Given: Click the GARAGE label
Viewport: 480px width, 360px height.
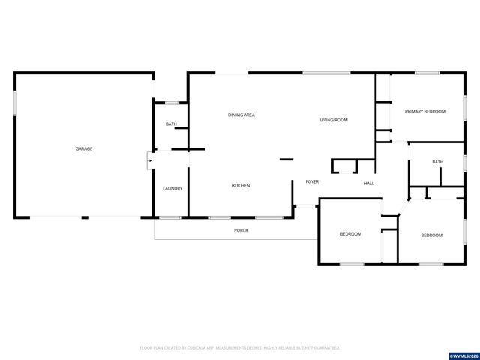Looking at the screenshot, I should click(83, 148).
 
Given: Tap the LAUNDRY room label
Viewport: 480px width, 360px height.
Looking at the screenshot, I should click(172, 188).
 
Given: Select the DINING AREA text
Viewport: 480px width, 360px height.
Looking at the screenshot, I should click(241, 115).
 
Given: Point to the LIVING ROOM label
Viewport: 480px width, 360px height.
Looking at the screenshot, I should click(334, 120).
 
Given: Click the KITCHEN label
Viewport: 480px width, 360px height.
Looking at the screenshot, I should click(241, 185).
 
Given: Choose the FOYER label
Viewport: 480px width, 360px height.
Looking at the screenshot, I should click(312, 182).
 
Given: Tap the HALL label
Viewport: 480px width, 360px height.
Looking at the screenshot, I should click(369, 184).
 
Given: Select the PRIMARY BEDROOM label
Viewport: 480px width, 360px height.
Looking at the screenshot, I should click(424, 111).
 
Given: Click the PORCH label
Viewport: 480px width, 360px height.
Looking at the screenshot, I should click(241, 230).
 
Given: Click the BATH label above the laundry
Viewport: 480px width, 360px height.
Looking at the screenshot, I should click(171, 124).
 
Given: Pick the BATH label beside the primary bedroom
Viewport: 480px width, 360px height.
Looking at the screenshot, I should click(437, 162).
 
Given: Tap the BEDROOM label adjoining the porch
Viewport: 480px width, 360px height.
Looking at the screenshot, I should click(351, 234).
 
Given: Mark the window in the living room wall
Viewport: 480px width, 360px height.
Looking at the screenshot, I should click(326, 73).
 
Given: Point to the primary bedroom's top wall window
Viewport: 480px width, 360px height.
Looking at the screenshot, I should click(427, 73).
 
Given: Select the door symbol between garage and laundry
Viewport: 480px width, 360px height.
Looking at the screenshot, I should click(149, 160).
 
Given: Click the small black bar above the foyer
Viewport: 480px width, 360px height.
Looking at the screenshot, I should click(286, 159).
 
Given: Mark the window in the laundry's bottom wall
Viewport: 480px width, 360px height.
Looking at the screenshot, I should click(170, 217).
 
